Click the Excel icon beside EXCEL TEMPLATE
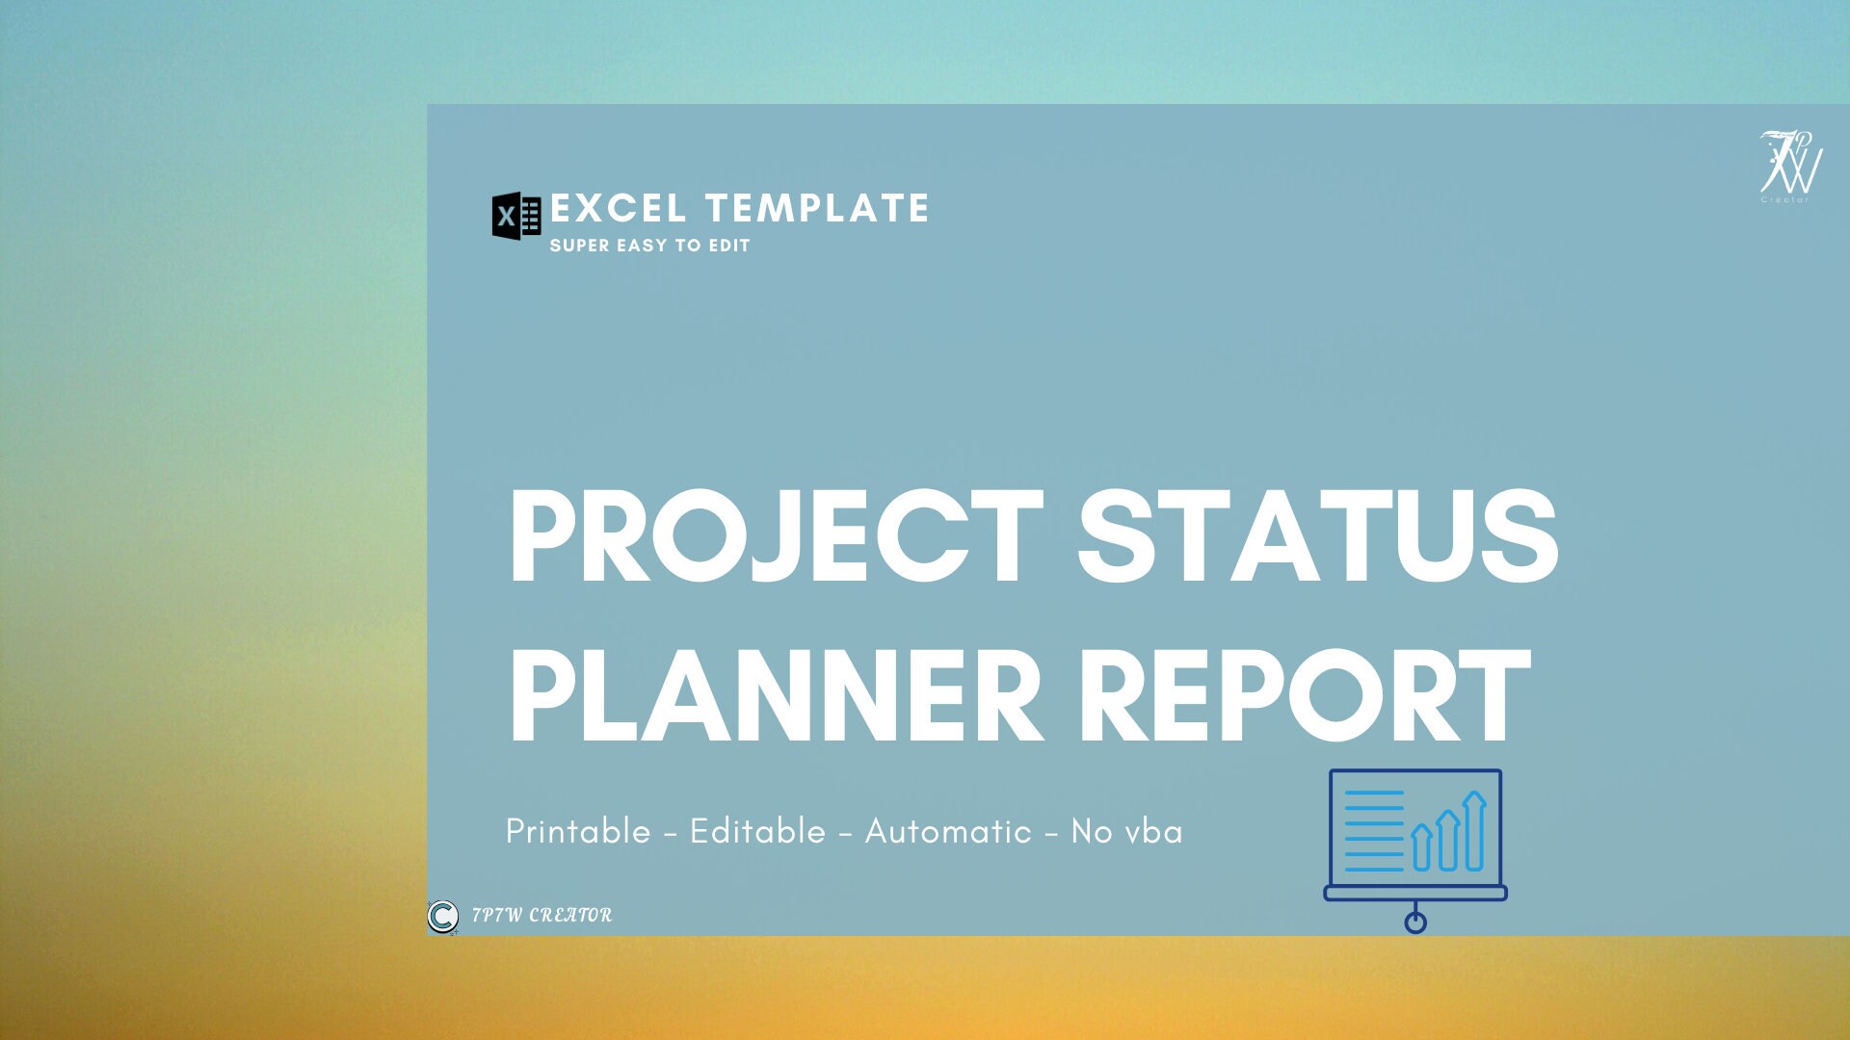[515, 216]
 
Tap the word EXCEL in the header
[618, 208]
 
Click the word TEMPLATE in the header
[817, 208]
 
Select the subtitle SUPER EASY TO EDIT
[649, 246]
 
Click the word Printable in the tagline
[578, 831]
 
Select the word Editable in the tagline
[757, 831]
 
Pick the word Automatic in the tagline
[948, 831]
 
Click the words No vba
[1126, 831]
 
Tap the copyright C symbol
[443, 916]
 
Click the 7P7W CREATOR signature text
[542, 915]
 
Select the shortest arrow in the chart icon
[1421, 847]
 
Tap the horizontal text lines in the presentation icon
[1374, 830]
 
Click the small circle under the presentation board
[1415, 923]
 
